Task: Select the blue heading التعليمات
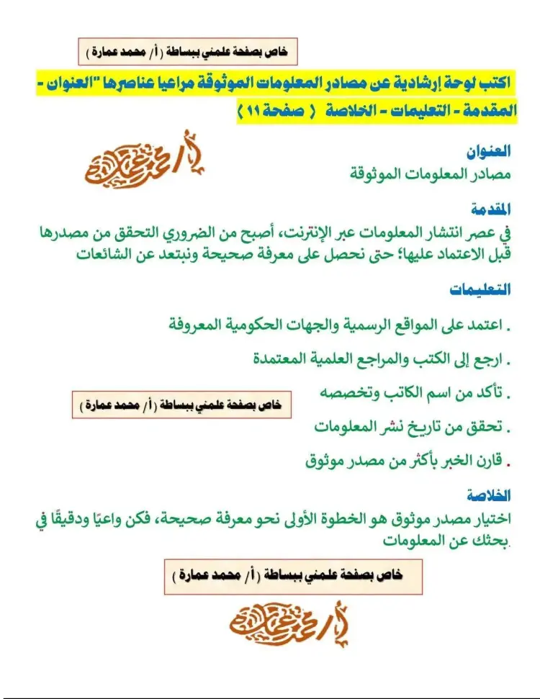click(x=480, y=289)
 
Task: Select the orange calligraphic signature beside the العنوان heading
click(x=144, y=160)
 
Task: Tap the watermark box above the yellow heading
click(x=187, y=52)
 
